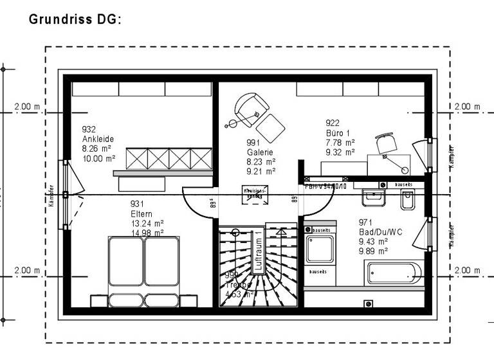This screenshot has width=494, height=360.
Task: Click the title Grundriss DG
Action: tap(75, 19)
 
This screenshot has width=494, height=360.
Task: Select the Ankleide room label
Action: tap(96, 139)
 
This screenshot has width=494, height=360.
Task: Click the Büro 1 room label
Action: tap(338, 133)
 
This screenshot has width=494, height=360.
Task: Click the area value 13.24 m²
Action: tap(147, 224)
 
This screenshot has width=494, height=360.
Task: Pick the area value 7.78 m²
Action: tap(340, 143)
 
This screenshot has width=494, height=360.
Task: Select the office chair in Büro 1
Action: tap(387, 143)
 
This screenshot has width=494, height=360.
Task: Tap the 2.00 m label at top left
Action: tap(27, 107)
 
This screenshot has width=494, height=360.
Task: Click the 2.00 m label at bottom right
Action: tap(467, 271)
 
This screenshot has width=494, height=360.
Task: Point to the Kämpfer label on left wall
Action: tap(51, 195)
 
